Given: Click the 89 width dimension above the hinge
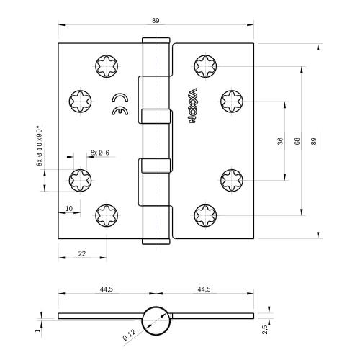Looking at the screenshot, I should pos(156,21).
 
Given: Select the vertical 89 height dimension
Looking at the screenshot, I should pos(312,141).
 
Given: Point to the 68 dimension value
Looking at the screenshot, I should pos(296,141).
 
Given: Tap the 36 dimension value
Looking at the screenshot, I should pos(280,141).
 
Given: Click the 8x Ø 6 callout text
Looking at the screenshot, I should pos(99,152).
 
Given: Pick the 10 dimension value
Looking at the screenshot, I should pos(68,209).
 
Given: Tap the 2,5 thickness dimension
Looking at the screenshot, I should pos(266,328).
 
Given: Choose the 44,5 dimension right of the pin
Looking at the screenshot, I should pos(203,289).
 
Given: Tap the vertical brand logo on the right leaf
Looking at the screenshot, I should pos(193,106).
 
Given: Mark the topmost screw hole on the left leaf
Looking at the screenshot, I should pos(105,68).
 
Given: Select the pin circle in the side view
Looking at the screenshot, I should pos(156,318).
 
